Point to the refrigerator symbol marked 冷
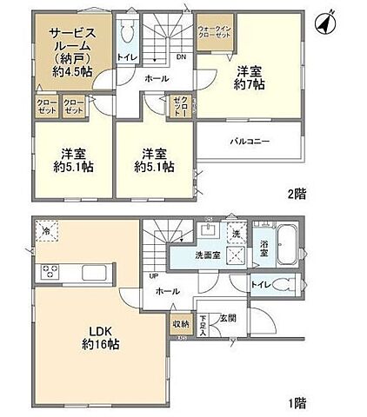coord(45,231)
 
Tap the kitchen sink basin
coord(93,273)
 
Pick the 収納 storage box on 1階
coord(179,326)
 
